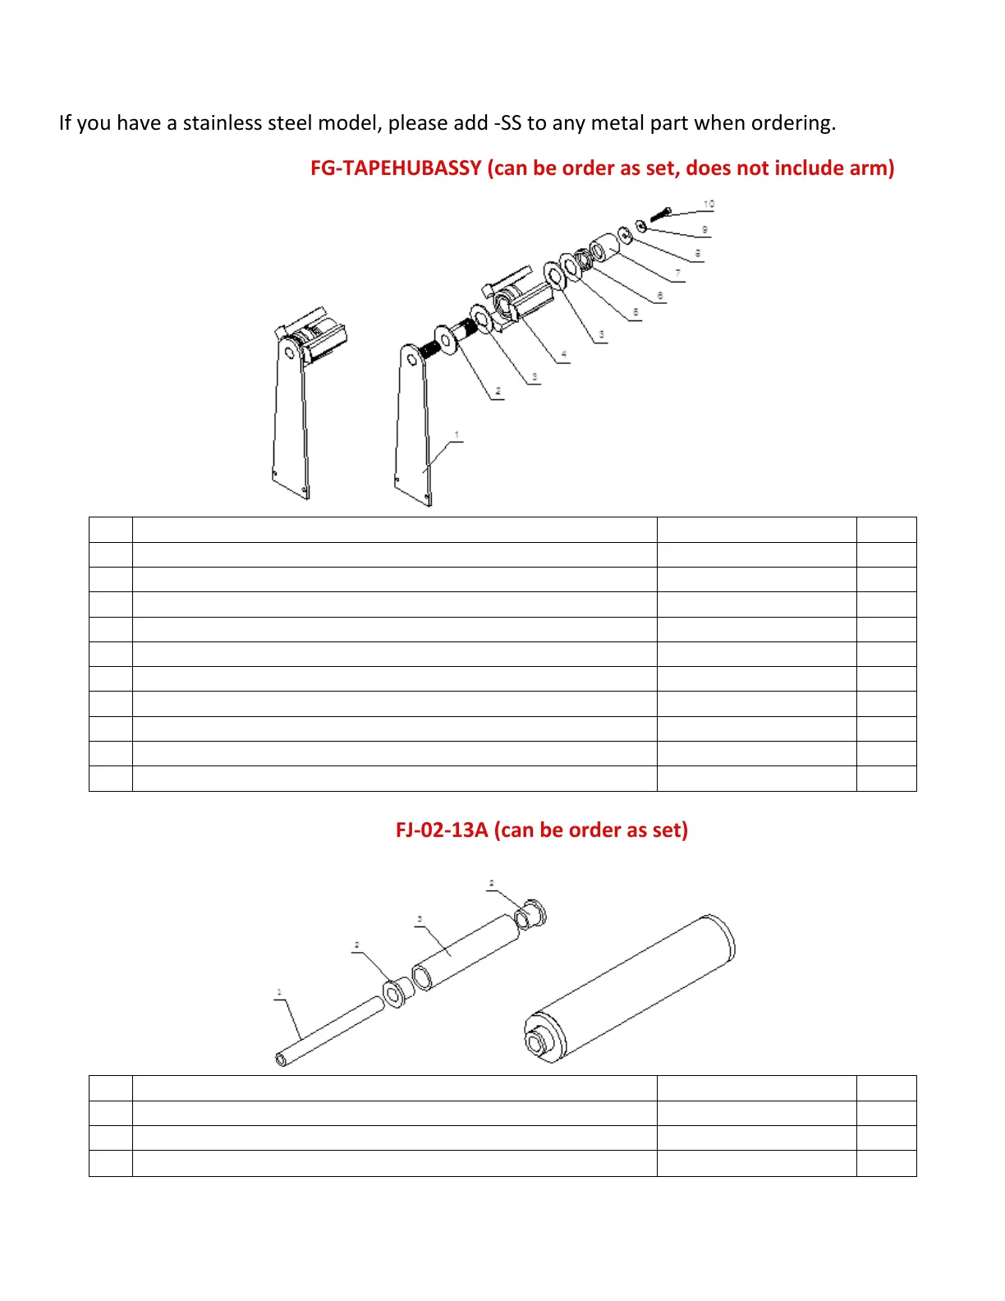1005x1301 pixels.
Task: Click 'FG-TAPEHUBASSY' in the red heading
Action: (x=396, y=168)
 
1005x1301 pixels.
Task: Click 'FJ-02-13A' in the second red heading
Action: (x=442, y=830)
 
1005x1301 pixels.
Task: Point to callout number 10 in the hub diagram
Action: (x=709, y=204)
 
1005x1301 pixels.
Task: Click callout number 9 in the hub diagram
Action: (x=704, y=230)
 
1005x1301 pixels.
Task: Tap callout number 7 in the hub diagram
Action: (x=677, y=273)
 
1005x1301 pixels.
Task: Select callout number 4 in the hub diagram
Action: (x=563, y=355)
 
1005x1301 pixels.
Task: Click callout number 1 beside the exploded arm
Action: (x=457, y=435)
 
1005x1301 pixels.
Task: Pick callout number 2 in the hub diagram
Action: (x=498, y=391)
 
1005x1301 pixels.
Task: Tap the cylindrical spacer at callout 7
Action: (x=604, y=246)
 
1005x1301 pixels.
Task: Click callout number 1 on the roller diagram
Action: (x=279, y=993)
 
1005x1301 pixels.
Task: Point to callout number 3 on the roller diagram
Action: (x=420, y=919)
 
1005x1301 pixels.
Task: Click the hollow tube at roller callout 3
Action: (x=468, y=953)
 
